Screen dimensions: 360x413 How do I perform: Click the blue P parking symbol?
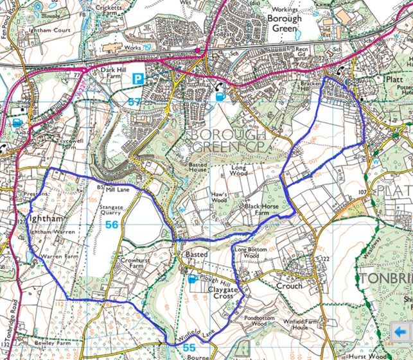click(x=137, y=79)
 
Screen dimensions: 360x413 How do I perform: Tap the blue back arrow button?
click(x=401, y=332)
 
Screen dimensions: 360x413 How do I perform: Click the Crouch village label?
click(x=288, y=286)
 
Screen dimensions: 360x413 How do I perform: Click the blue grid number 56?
click(x=112, y=225)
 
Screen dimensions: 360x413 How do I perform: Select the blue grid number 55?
click(x=189, y=347)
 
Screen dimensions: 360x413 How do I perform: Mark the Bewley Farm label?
click(x=38, y=345)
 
